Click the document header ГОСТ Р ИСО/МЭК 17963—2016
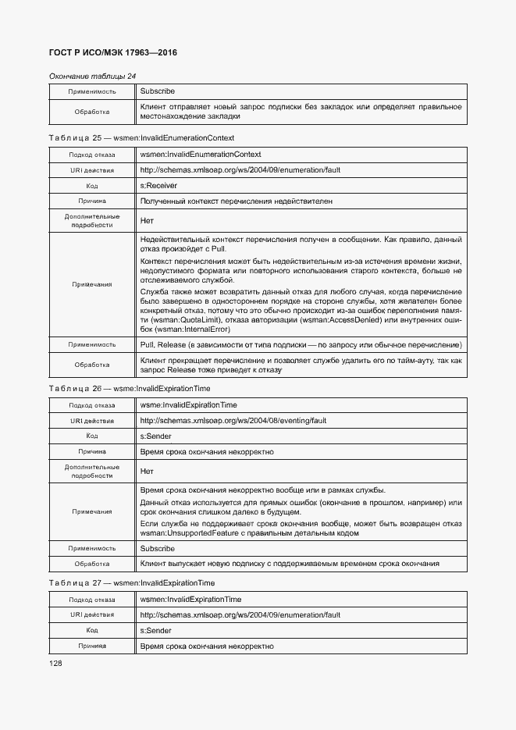click(114, 53)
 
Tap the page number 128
click(55, 663)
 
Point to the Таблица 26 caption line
click(129, 388)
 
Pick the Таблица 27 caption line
click(131, 582)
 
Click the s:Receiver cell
click(158, 186)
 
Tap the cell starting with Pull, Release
click(300, 344)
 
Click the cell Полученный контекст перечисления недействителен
click(236, 201)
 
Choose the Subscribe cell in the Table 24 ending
click(158, 91)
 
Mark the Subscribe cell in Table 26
click(158, 549)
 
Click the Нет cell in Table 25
click(147, 221)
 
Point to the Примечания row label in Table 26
click(91, 511)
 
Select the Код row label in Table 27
click(91, 631)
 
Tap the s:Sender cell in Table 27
click(156, 631)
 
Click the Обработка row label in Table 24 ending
click(91, 112)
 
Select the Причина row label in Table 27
click(91, 646)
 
